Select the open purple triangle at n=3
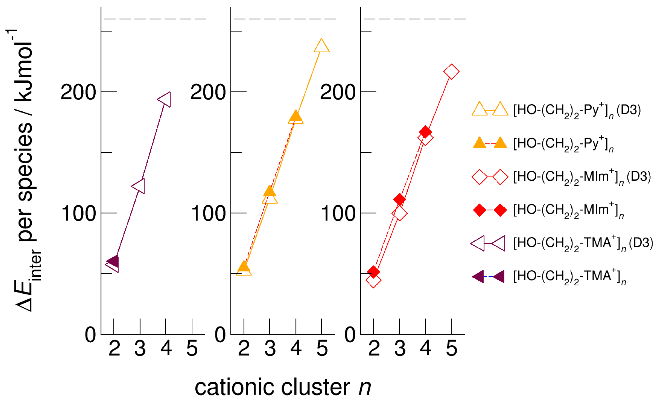pyautogui.click(x=139, y=186)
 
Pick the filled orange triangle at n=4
pyautogui.click(x=296, y=116)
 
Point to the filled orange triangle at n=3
pyautogui.click(x=270, y=191)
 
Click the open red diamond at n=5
pyautogui.click(x=451, y=71)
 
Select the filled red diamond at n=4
pyautogui.click(x=425, y=132)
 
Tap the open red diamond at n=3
pyautogui.click(x=399, y=213)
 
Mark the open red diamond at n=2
pyautogui.click(x=373, y=280)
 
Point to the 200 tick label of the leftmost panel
pyautogui.click(x=78, y=92)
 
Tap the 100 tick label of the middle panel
pyautogui.click(x=208, y=214)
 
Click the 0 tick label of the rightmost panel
pyautogui.click(x=350, y=335)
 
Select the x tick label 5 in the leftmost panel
pyautogui.click(x=192, y=348)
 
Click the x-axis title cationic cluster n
pyautogui.click(x=283, y=387)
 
